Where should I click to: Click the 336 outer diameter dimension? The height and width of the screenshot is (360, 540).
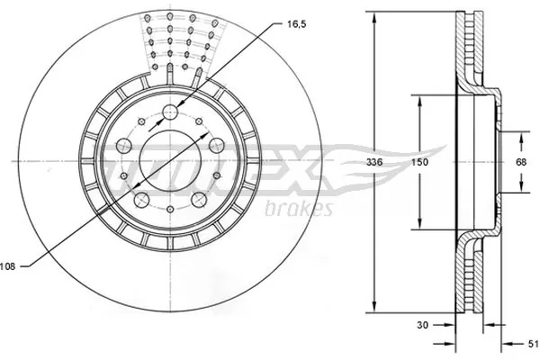pos(383,164)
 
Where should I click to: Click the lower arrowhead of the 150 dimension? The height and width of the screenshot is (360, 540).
pos(418,227)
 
